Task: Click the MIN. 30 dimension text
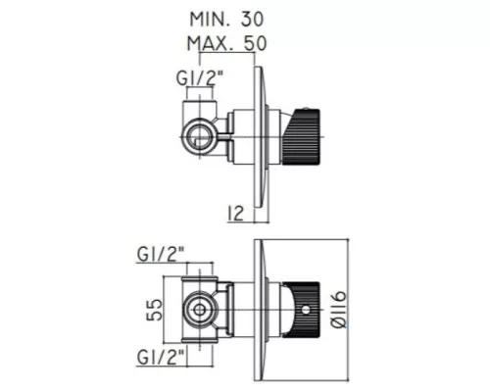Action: coord(226,20)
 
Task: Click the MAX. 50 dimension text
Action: coord(226,43)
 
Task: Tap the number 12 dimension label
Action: coord(235,214)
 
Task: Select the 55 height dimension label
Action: coord(155,310)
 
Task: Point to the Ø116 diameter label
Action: coord(338,310)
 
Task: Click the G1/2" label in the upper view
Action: coord(200,78)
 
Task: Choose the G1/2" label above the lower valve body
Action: coord(161,254)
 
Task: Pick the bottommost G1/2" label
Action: coord(161,357)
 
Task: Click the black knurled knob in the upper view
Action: coord(301,137)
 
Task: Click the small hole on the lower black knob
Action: coord(306,310)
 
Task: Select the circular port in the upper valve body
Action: coord(199,137)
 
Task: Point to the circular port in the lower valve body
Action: coord(199,310)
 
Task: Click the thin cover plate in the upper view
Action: coord(258,137)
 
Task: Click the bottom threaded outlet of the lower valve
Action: coord(199,340)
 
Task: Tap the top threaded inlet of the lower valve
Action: coord(199,278)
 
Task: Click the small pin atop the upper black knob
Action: coord(305,108)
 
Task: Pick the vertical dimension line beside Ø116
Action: coord(348,310)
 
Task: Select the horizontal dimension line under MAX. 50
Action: coord(226,53)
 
